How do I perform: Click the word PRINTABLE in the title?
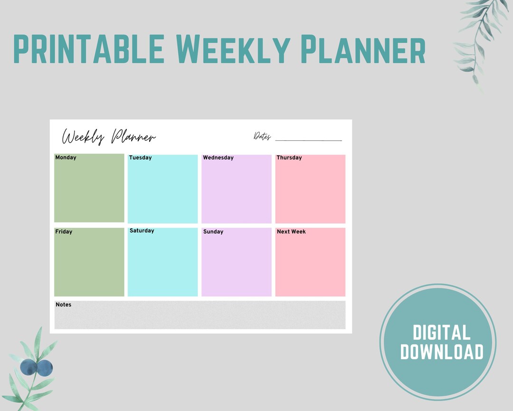(89, 49)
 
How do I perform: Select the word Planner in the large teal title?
(363, 49)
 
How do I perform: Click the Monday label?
(66, 157)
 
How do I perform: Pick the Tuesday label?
(140, 157)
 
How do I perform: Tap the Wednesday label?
(218, 157)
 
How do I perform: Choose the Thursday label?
(289, 157)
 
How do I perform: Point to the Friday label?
(64, 232)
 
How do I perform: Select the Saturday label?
(142, 231)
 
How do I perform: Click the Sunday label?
(213, 232)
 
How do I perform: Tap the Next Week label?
(291, 232)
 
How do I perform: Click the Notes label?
(63, 304)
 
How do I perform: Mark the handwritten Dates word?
(262, 137)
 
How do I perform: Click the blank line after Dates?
(308, 140)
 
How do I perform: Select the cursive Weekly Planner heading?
(109, 137)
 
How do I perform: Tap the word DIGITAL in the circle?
(441, 333)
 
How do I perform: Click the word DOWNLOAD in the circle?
(441, 352)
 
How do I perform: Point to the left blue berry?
(28, 367)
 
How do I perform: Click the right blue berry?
(45, 368)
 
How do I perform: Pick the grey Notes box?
(199, 316)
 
